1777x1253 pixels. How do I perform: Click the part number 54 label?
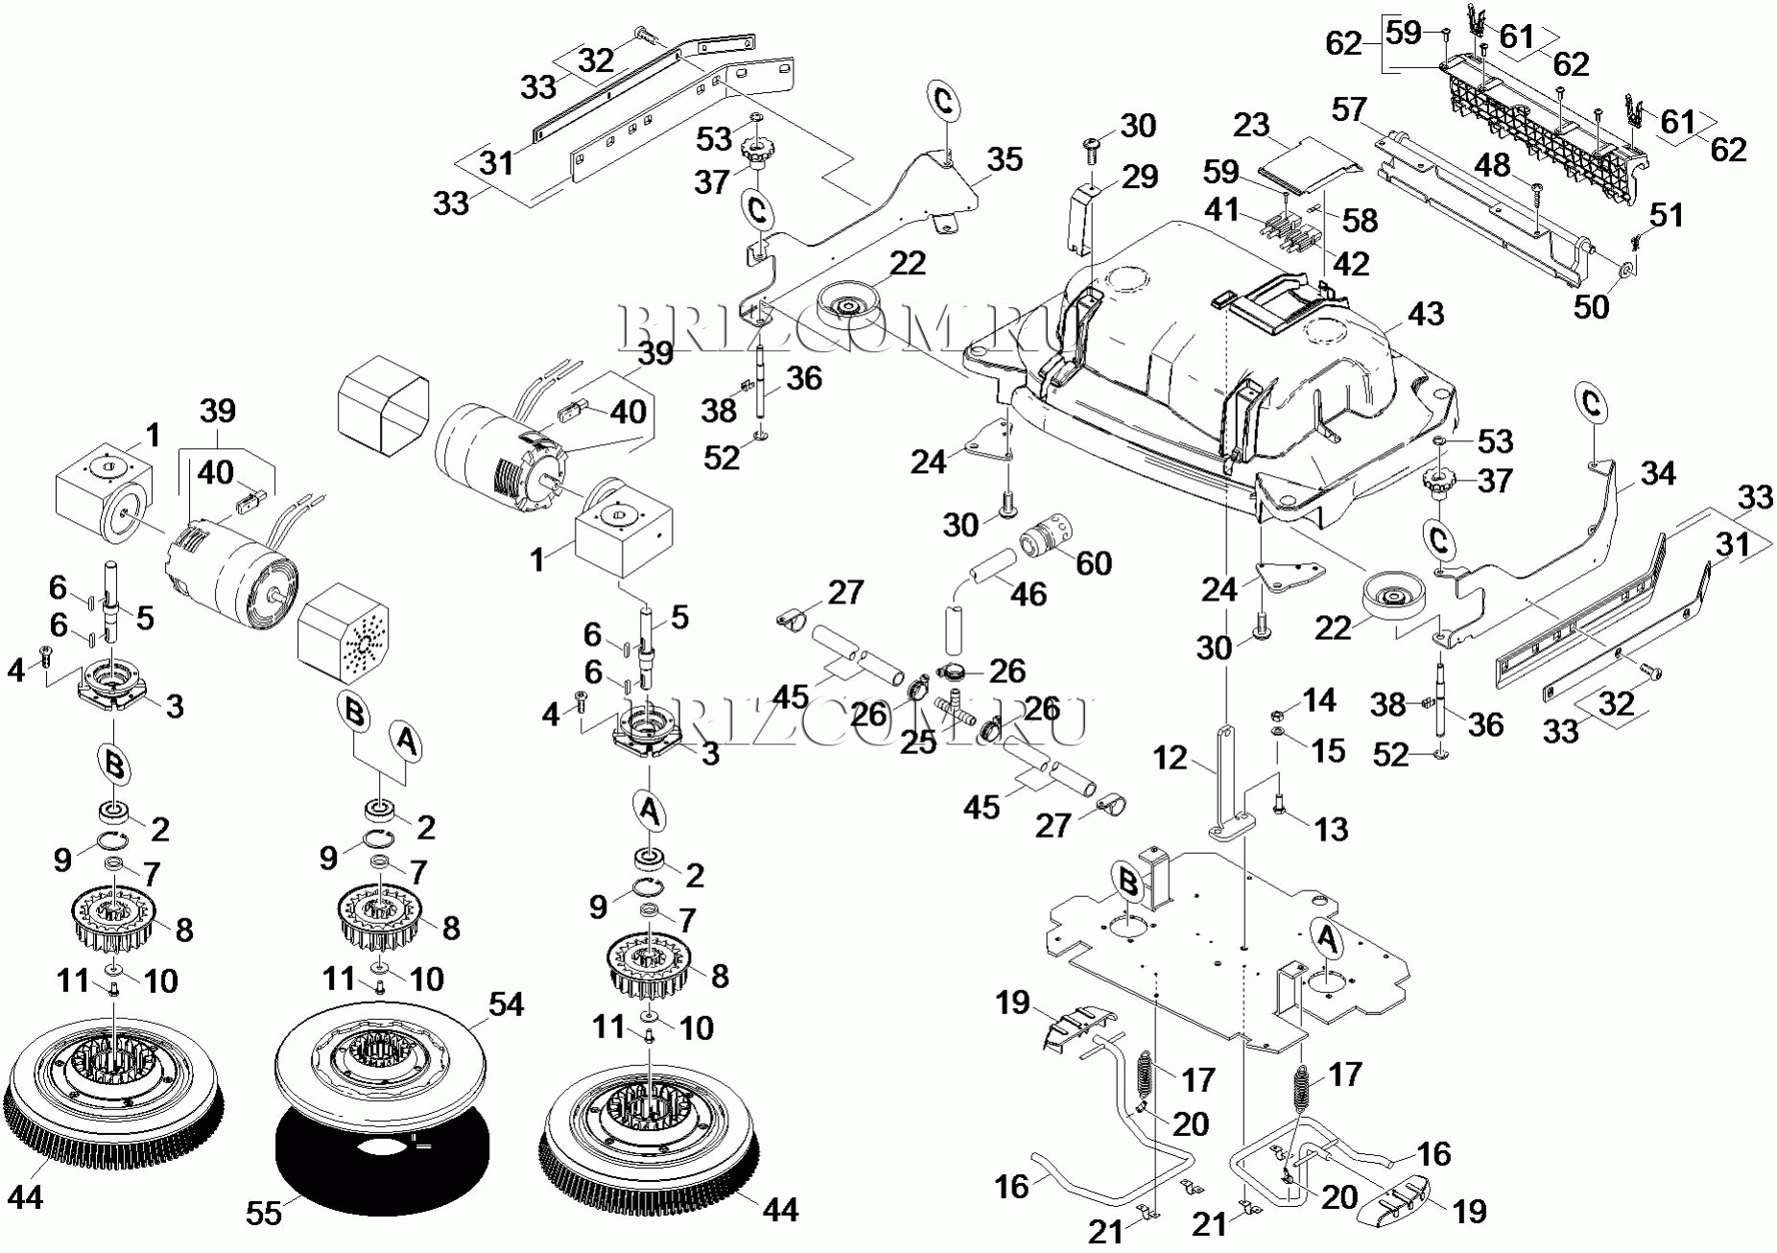click(506, 1004)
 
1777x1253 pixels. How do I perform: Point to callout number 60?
click(1094, 563)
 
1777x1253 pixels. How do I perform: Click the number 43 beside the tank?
click(1426, 314)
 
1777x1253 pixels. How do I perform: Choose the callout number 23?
click(1251, 125)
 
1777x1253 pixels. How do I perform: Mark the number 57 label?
click(1348, 109)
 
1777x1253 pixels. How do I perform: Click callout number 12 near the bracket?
click(1170, 759)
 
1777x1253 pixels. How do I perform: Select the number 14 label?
click(1319, 700)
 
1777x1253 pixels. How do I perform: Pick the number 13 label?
click(1331, 829)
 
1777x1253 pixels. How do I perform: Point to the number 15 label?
click(1328, 750)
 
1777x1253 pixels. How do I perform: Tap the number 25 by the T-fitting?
click(917, 742)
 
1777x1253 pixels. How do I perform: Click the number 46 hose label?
click(1028, 594)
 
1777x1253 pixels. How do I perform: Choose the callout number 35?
click(1005, 159)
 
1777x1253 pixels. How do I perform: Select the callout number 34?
click(1658, 473)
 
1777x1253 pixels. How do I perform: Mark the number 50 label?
click(1591, 307)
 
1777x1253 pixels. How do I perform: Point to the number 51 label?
click(1667, 215)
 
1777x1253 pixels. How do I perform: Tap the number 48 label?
click(1492, 165)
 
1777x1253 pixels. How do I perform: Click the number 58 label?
click(1360, 221)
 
